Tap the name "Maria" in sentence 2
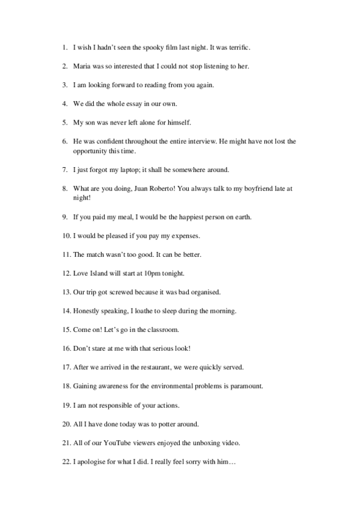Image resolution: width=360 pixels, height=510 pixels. point(82,66)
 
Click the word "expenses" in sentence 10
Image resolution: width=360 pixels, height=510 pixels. point(192,235)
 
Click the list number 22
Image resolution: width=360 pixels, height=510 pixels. point(66,462)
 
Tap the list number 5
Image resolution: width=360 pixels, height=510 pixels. point(64,122)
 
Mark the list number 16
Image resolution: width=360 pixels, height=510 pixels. point(66,349)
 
